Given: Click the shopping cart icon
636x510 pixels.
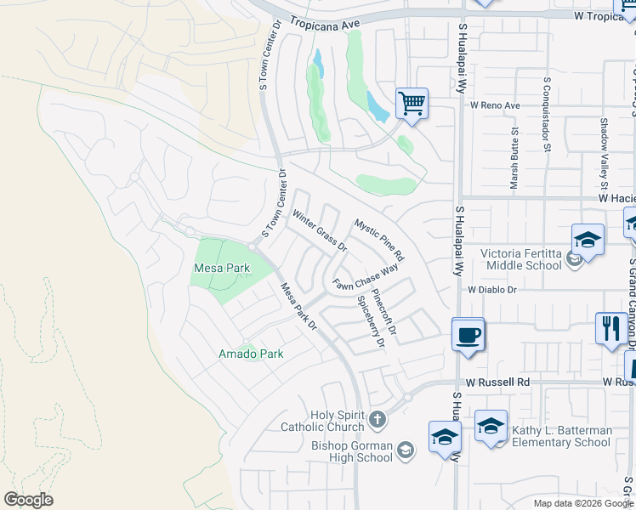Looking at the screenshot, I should click(x=412, y=105).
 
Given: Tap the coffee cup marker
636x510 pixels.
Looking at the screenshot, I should click(x=467, y=334).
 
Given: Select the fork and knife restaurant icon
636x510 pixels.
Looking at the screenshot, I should click(x=610, y=328).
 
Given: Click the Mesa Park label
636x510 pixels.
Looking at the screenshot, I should click(x=221, y=268).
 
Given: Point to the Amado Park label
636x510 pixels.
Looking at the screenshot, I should click(x=251, y=354).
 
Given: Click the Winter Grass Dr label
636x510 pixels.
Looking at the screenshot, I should click(x=320, y=231).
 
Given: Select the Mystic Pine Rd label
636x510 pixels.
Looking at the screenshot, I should click(x=379, y=241).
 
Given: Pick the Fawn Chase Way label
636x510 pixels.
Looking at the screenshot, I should click(x=366, y=278).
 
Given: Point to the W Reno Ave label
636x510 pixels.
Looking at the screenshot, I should click(x=495, y=106).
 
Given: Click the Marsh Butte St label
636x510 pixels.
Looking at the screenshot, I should click(x=514, y=157).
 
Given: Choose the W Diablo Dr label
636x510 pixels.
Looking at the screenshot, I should click(x=492, y=290).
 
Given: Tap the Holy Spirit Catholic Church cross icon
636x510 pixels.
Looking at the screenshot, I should click(x=378, y=420).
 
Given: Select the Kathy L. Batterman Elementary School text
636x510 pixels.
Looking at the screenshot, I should click(x=561, y=436).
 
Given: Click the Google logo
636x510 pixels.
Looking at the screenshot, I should click(x=28, y=500).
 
